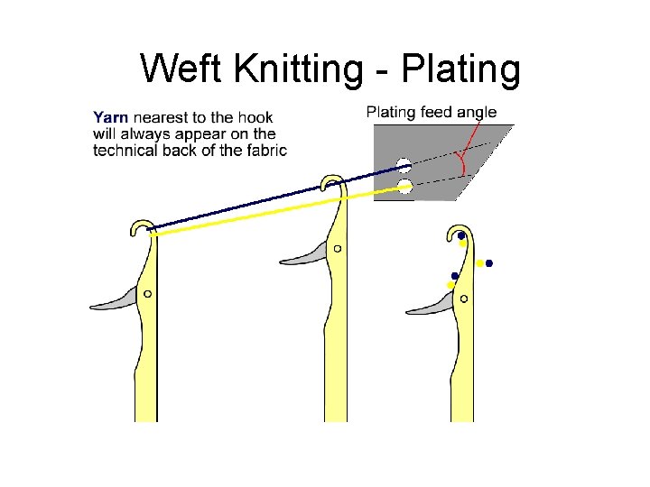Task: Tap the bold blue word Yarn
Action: point(110,116)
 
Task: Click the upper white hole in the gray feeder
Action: point(404,166)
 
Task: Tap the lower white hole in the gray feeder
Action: point(404,187)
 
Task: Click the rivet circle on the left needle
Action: point(147,293)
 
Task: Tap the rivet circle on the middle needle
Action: point(337,248)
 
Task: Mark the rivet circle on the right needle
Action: point(463,298)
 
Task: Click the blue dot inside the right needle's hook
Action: point(461,236)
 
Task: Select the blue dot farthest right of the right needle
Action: point(489,264)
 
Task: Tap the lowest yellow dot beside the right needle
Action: point(450,285)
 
